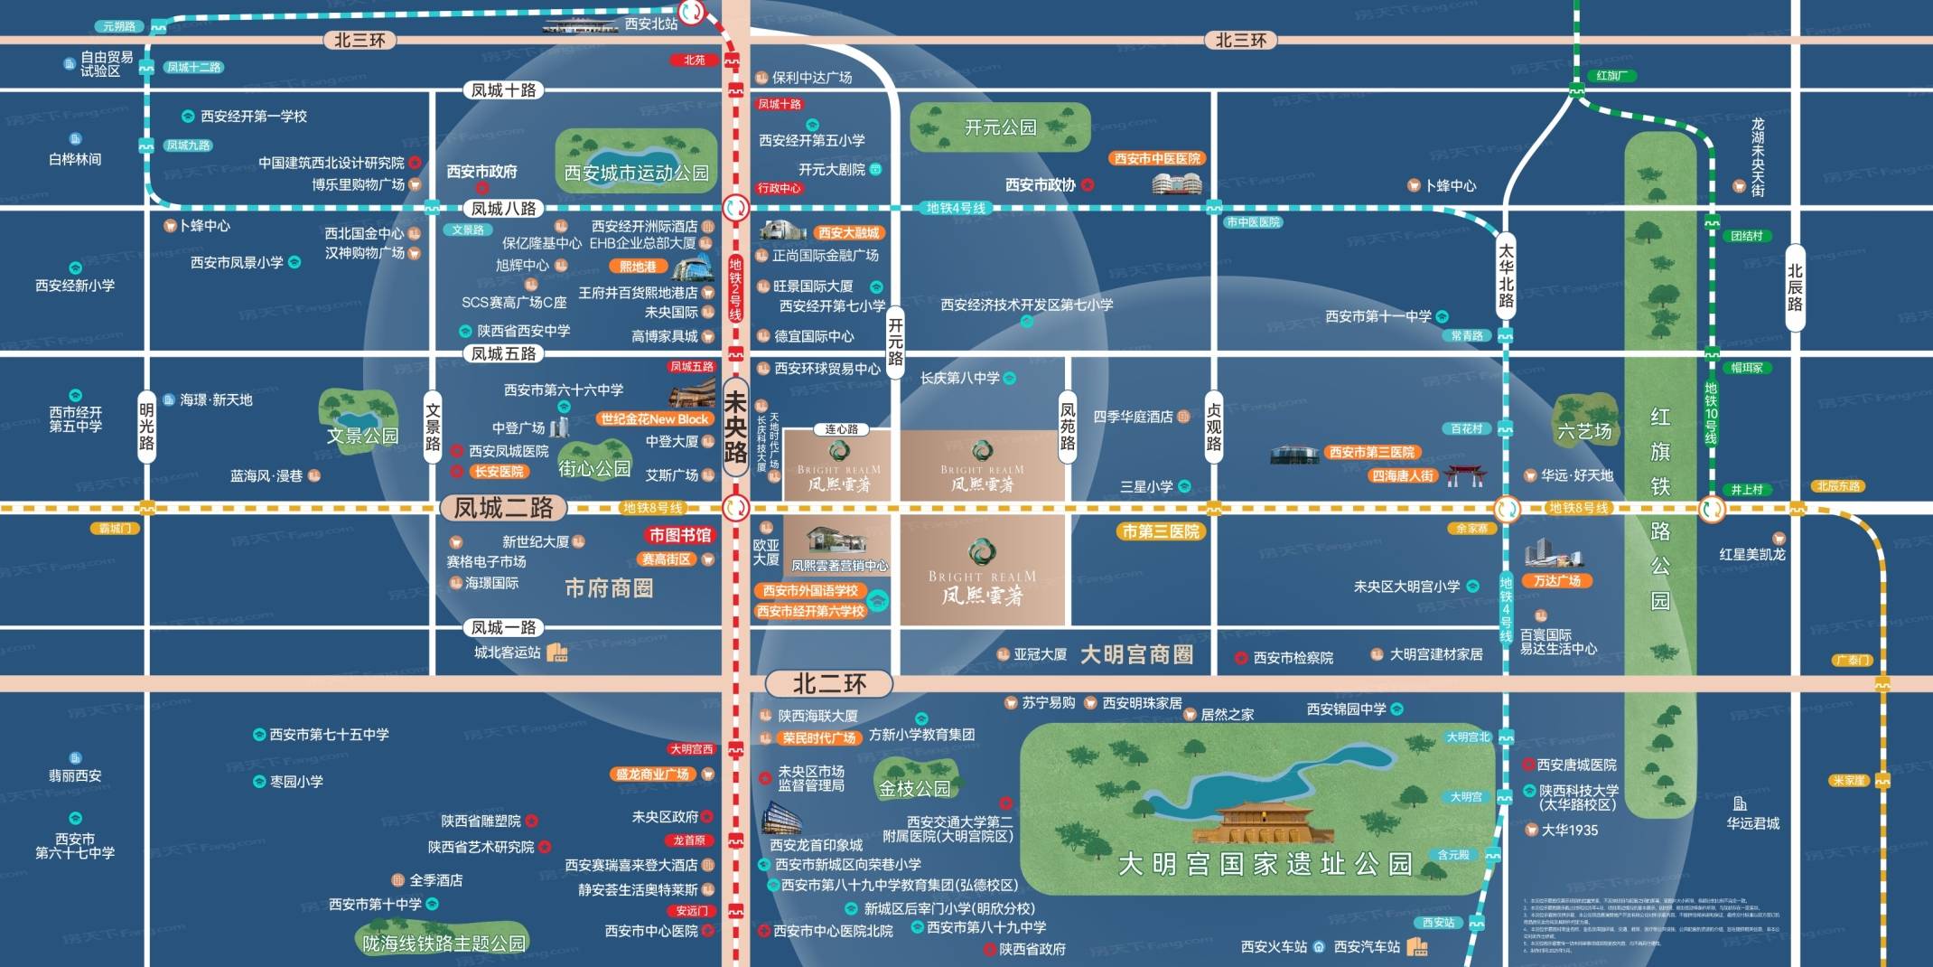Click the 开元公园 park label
[1000, 128]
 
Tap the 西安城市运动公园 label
[636, 173]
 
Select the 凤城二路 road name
[503, 508]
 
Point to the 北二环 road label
[829, 684]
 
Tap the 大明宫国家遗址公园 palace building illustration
[1264, 821]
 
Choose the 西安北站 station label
[650, 23]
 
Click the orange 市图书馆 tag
[679, 535]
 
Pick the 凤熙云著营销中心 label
[839, 566]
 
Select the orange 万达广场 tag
[1556, 581]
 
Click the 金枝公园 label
[914, 788]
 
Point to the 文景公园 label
[362, 436]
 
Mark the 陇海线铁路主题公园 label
[444, 944]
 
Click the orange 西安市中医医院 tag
[1157, 159]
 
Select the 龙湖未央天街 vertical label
[1758, 156]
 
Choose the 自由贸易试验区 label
[107, 64]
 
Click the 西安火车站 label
[1274, 947]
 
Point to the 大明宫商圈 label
[1136, 654]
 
